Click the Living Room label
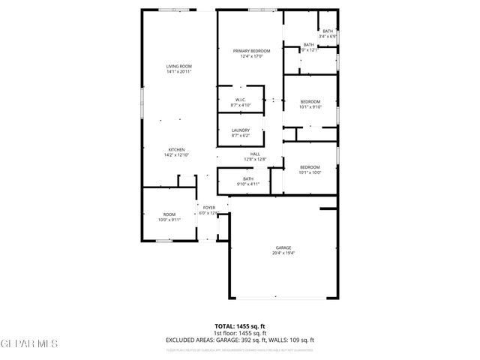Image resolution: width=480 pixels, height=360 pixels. [179, 67]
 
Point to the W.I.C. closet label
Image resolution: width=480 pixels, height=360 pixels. [241, 100]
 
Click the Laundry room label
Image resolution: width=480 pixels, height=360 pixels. [241, 130]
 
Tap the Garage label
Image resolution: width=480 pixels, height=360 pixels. [283, 248]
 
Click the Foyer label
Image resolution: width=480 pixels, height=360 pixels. [208, 207]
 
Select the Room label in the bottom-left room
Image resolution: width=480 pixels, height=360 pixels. [169, 214]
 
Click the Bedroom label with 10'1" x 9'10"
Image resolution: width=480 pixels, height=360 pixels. [310, 101]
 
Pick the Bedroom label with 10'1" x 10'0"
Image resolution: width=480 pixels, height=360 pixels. [310, 167]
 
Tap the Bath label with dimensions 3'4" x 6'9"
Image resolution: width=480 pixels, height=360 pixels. [328, 31]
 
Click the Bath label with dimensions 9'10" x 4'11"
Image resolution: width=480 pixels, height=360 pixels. [247, 178]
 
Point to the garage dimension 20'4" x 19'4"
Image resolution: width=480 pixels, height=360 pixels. [283, 253]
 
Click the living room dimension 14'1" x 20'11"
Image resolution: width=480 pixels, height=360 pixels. [179, 72]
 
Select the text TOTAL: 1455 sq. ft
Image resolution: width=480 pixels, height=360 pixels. [240, 326]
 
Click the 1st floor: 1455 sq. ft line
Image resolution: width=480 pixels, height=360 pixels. [240, 333]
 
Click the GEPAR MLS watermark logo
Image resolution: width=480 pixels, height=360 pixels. [29, 343]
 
